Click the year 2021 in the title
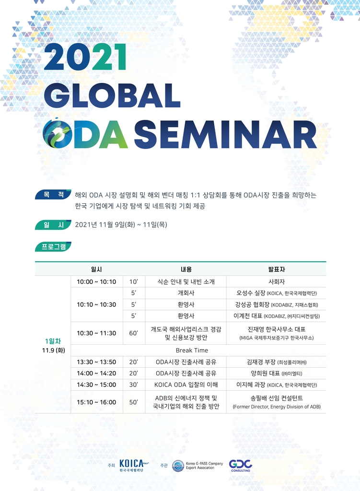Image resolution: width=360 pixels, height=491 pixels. click(86, 58)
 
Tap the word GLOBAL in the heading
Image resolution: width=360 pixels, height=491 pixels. click(112, 95)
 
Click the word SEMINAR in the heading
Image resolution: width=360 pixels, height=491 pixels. click(225, 134)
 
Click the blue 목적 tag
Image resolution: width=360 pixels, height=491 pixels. click(53, 195)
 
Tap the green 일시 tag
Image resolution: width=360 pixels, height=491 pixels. click(53, 224)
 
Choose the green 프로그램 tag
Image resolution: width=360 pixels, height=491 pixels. click(53, 246)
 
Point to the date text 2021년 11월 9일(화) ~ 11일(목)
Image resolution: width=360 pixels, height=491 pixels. click(121, 224)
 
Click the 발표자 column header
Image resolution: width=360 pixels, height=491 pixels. click(277, 269)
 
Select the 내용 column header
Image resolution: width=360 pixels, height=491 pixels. click(186, 269)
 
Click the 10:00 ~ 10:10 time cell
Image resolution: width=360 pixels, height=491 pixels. click(96, 282)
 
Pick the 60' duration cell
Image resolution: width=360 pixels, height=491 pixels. click(134, 333)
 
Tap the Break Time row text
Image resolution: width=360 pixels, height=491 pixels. click(192, 351)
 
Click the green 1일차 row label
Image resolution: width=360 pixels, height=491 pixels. click(53, 341)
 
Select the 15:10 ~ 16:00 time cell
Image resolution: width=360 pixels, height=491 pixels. click(96, 402)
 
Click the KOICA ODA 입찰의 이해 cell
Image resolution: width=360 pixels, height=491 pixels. click(186, 385)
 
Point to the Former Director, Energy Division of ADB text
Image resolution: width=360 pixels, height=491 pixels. click(277, 407)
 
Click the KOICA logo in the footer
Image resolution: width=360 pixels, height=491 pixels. click(134, 466)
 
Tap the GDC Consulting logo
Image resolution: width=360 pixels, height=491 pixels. click(241, 466)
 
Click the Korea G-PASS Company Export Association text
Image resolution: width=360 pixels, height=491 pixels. click(204, 466)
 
